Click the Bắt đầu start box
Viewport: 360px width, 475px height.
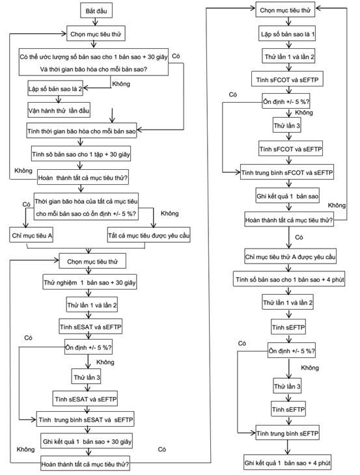coord(96,11)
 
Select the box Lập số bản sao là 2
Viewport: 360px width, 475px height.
coord(55,88)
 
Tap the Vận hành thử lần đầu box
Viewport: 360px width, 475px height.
coord(59,111)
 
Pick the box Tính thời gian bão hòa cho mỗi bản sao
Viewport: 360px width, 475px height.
coord(81,131)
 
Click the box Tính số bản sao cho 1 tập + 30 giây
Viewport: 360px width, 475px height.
coord(81,154)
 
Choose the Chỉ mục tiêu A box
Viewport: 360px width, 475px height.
coord(31,235)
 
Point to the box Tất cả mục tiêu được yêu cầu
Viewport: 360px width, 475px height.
coord(149,235)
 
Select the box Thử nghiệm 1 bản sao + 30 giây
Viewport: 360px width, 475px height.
coord(89,282)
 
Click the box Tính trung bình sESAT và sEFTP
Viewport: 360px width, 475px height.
coord(85,419)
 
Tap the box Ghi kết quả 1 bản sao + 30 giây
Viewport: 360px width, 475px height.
coord(87,441)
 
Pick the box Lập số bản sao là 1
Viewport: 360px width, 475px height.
coord(287,34)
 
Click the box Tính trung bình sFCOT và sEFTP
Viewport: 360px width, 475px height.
coord(287,172)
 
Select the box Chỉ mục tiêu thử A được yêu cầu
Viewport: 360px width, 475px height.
coord(290,256)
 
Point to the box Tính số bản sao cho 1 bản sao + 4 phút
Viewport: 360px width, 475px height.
coord(289,278)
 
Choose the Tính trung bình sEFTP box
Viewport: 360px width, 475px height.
coord(287,433)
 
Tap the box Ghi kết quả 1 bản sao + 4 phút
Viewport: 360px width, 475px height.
coord(287,463)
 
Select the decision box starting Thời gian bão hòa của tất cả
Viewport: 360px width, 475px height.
coord(86,207)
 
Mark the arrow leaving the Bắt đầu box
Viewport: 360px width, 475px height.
coord(96,22)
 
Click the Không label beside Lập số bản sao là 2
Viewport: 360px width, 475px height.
coord(121,83)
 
